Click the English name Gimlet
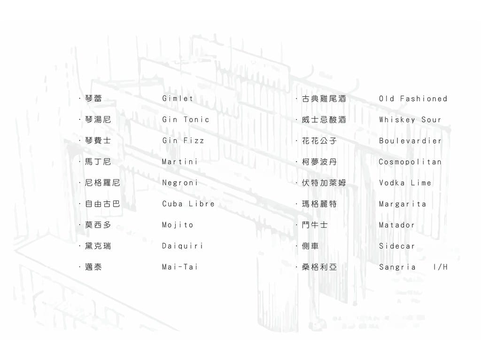178,99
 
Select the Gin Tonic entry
186,119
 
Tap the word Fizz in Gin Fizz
194,141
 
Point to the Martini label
180,161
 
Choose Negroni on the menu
180,183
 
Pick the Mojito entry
178,225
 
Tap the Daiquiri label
183,246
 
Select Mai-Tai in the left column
180,267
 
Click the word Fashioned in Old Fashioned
424,99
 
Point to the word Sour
431,119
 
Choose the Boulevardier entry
411,141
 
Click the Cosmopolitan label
410,162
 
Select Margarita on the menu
403,204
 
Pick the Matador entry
397,225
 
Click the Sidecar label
397,246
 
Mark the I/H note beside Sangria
441,267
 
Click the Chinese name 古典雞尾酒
324,99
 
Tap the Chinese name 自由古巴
102,204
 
